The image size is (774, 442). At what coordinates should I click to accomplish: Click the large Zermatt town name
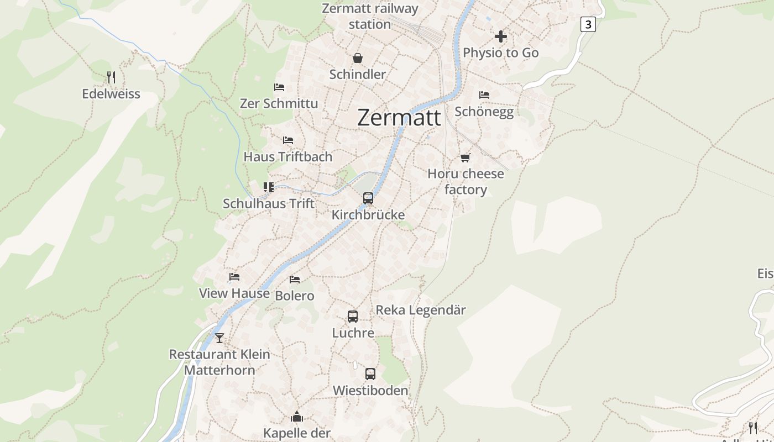point(399,118)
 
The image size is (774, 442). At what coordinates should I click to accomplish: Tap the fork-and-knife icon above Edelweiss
point(111,77)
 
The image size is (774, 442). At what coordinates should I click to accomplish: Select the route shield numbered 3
point(588,24)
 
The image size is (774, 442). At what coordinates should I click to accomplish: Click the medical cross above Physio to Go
point(501,36)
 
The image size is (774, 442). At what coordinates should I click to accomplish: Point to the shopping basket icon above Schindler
point(358,58)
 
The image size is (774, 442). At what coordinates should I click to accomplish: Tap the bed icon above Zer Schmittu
point(279,87)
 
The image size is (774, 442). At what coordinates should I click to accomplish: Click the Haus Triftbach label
point(288,157)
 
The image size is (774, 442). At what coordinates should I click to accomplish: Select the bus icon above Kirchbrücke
point(368,198)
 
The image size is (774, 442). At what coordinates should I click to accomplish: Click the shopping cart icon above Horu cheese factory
point(466,157)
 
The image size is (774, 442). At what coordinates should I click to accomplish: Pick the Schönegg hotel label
point(484,112)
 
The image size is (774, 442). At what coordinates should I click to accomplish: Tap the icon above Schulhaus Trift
point(269,187)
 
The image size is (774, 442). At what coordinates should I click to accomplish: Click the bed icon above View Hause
point(234,277)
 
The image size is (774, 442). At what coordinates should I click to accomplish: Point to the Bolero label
point(295,296)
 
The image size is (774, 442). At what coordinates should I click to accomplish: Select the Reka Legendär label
point(421,310)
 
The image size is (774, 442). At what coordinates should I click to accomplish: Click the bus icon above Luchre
point(353,317)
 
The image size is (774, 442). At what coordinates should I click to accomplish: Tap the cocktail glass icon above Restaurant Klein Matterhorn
point(219,338)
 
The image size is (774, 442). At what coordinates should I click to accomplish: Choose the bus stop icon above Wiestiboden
point(370,374)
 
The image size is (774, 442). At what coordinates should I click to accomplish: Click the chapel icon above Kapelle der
point(297,417)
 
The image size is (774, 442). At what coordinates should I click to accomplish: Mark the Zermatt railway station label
point(370,17)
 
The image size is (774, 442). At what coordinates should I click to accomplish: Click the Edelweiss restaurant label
point(111,94)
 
